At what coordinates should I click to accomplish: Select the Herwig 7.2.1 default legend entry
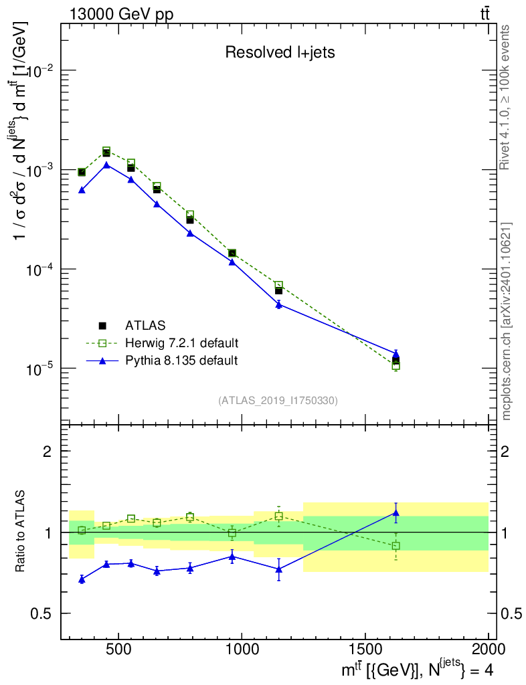coord(162,343)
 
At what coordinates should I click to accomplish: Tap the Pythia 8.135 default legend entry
coord(162,361)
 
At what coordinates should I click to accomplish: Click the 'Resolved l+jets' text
coord(280,52)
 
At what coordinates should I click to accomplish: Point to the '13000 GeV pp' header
coord(121,14)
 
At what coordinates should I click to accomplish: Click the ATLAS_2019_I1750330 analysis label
coord(278,400)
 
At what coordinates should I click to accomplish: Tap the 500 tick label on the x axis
coord(118,649)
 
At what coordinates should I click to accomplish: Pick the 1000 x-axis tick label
coord(242,649)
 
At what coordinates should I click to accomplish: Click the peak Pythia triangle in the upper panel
coord(106,165)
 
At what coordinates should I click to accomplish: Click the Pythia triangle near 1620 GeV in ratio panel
coord(396,512)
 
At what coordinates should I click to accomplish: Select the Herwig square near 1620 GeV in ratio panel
coord(396,546)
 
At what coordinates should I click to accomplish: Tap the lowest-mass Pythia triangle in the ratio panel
coord(82,579)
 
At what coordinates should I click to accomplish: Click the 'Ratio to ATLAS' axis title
coord(20,531)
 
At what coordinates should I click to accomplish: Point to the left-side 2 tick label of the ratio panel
coord(48,452)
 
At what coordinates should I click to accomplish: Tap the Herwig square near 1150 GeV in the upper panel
coord(279,285)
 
